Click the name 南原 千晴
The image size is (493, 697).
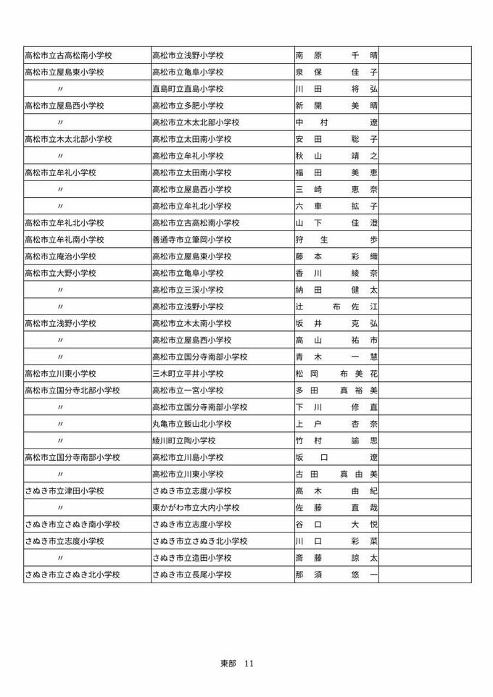[336, 56]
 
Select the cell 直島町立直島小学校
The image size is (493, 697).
[188, 89]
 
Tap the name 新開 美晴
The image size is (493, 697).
[336, 106]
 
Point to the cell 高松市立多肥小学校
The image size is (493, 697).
[188, 106]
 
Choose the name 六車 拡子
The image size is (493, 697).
[336, 206]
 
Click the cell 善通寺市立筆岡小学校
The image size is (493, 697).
[191, 240]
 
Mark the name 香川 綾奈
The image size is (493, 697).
[336, 273]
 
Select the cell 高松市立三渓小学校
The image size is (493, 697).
[188, 290]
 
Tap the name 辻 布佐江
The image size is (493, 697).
[336, 306]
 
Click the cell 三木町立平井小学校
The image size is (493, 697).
[188, 374]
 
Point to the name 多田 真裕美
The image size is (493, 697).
[336, 391]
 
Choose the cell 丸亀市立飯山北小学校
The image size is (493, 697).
[191, 424]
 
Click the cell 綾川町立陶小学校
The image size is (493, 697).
[183, 441]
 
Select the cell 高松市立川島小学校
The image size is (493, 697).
[188, 457]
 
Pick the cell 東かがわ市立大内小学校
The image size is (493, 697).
[196, 508]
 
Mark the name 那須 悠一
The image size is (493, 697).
[336, 575]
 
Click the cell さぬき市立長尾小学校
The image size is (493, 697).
[191, 575]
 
